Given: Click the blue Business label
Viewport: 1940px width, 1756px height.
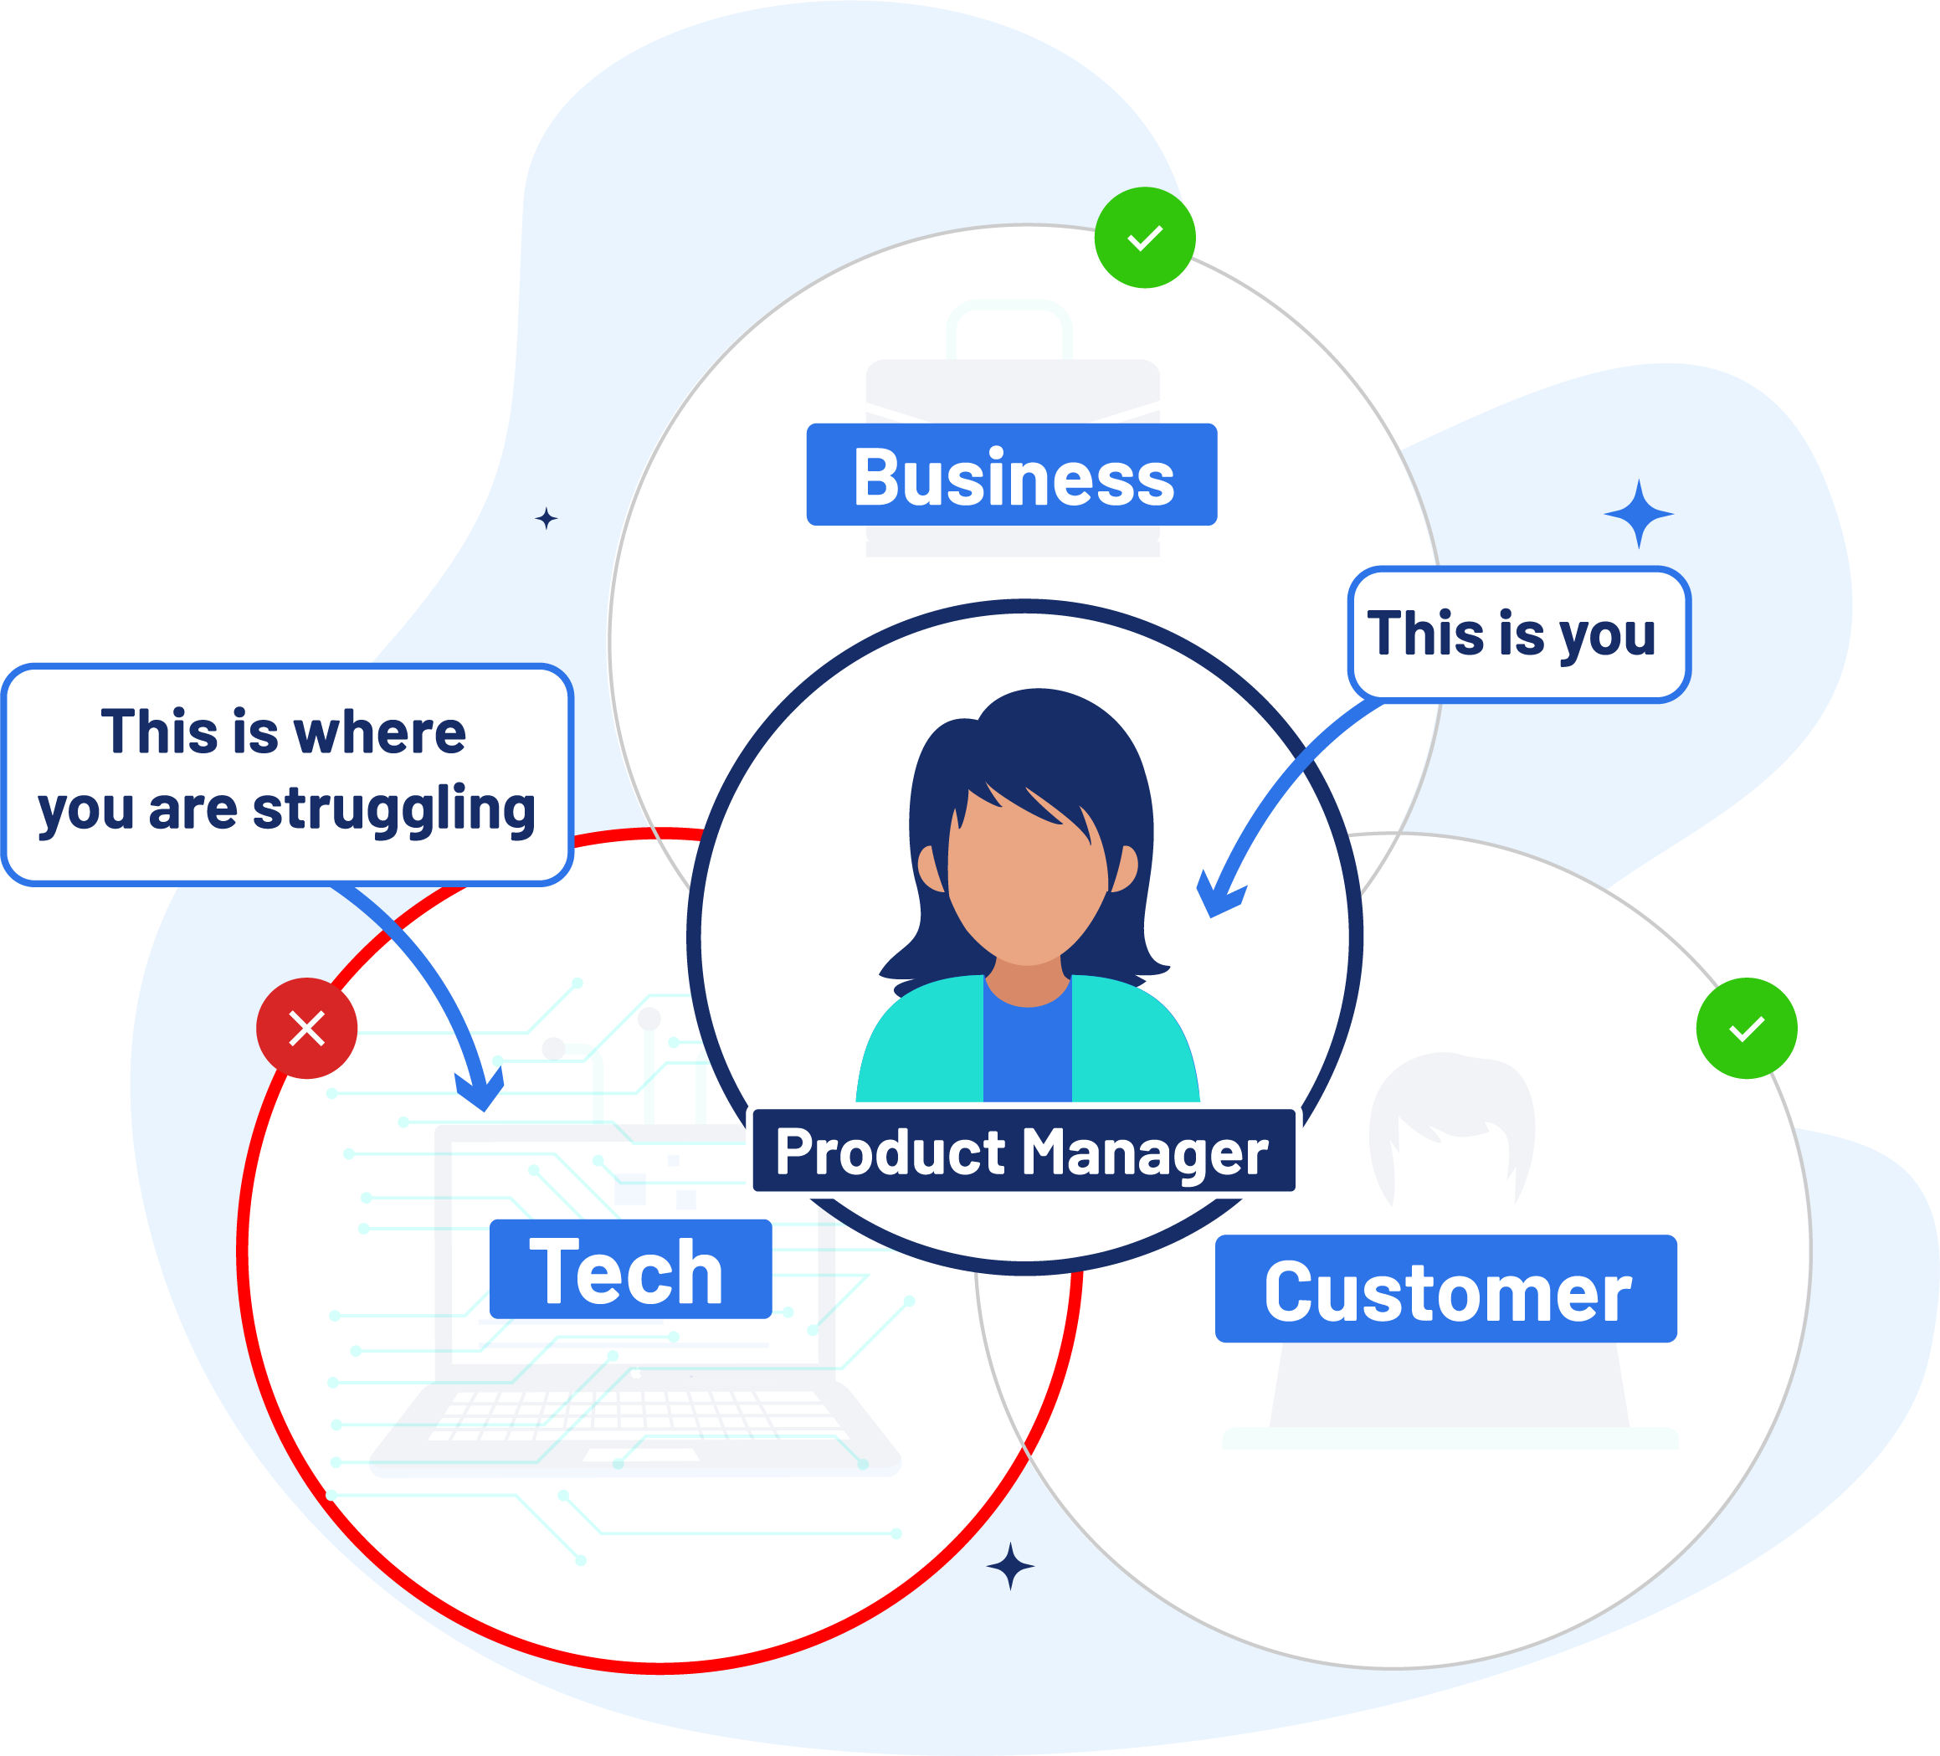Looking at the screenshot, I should point(1011,475).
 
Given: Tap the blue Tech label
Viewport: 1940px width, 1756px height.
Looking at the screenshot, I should point(630,1269).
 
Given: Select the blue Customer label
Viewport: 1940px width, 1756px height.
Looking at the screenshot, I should point(1445,1289).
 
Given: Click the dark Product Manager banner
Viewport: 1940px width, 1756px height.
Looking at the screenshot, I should point(1023,1151).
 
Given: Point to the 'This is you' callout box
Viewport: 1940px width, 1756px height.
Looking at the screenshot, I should point(1518,634).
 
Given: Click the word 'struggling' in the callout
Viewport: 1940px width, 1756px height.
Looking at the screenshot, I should point(393,809).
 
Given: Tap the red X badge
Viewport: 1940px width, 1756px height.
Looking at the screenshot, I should point(307,1028).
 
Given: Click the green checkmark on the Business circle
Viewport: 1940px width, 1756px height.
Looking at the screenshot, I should point(1145,238).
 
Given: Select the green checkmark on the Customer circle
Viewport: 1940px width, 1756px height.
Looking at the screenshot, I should point(1747,1029).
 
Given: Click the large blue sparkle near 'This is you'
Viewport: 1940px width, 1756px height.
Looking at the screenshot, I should point(1639,515).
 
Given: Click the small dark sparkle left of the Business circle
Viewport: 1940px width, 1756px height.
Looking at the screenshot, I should point(547,519).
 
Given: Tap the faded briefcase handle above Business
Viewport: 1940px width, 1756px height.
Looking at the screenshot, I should point(1008,327).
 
